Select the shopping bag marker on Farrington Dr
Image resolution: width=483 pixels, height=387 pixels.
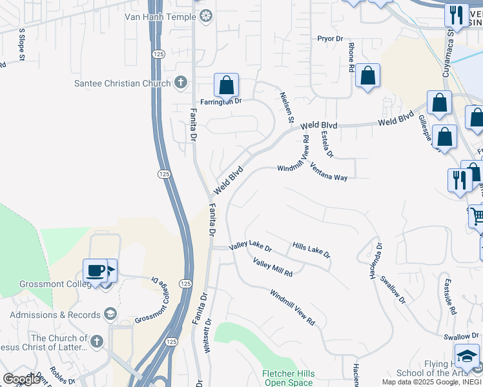pos(227,85)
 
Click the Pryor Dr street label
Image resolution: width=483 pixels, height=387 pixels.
pos(330,39)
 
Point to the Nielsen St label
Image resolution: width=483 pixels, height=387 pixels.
pos(287,107)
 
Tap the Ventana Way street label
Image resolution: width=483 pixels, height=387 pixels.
pos(329,172)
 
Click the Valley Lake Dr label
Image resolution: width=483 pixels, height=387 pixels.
pos(251,247)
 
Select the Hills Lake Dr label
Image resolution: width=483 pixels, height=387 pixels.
pos(311,250)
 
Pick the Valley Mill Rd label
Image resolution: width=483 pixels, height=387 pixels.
pos(272,268)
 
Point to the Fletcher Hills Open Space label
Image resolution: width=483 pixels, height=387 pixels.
pos(288,378)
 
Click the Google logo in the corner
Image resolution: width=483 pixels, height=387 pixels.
pos(21,379)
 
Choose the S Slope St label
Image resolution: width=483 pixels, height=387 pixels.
pos(21,44)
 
